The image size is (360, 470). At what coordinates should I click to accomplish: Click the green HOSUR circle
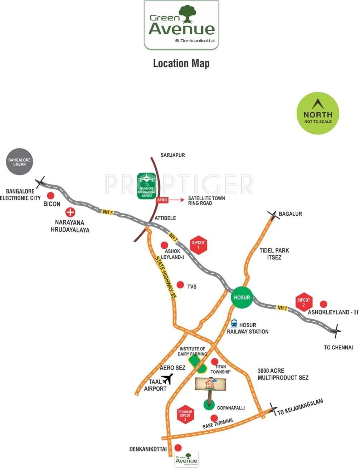click(x=242, y=298)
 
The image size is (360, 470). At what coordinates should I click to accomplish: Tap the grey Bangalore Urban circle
click(x=20, y=162)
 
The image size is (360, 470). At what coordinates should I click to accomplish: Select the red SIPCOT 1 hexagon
click(x=198, y=245)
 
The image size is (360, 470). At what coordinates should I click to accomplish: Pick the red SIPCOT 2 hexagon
click(x=304, y=303)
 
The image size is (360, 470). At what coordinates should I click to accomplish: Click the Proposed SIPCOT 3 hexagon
click(x=185, y=416)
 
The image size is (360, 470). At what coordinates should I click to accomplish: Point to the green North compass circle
click(x=318, y=113)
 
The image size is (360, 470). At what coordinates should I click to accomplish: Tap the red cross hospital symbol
click(x=70, y=212)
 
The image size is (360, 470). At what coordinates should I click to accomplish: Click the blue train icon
click(x=234, y=323)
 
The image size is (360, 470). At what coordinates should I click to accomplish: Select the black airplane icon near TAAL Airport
click(x=167, y=379)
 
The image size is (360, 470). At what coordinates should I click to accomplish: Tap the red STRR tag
click(x=162, y=200)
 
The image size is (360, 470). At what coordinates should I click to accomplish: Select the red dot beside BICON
click(x=51, y=196)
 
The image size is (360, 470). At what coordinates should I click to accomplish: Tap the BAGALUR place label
click(x=290, y=214)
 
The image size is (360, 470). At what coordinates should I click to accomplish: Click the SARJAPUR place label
click(x=172, y=155)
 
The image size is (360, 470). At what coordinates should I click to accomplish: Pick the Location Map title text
click(x=181, y=63)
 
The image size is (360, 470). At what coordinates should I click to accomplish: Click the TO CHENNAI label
click(x=338, y=347)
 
